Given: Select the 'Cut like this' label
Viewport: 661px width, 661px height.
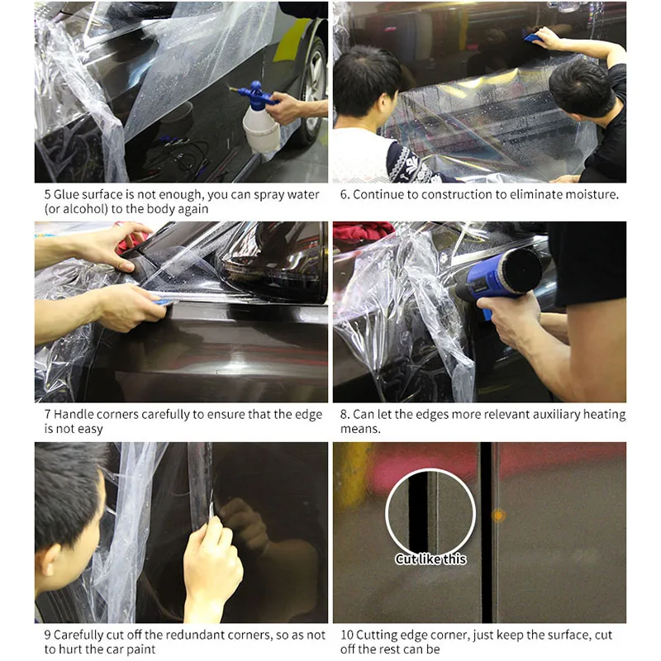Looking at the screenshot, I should click(x=430, y=559).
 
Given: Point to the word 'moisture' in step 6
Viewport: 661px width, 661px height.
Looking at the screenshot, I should click(x=590, y=195).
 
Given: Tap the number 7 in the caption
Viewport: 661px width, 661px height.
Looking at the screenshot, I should click(x=48, y=414).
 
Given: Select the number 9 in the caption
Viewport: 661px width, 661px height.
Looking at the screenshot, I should click(x=48, y=635).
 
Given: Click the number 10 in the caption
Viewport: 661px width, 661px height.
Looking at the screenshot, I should click(x=347, y=635).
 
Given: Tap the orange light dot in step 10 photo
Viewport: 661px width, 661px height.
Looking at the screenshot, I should click(x=498, y=515).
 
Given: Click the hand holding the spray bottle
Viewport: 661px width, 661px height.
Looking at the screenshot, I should click(x=285, y=107).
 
